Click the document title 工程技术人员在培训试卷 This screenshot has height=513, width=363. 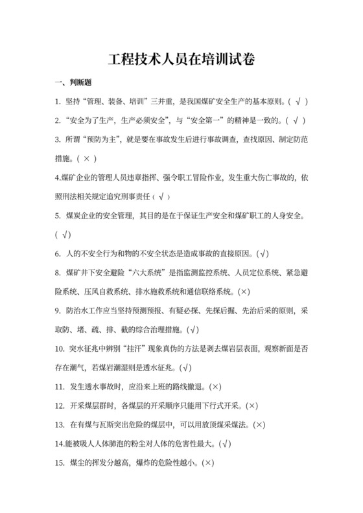coord(181,59)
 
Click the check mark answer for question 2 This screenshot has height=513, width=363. coord(296,120)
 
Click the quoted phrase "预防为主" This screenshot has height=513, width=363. coord(102,139)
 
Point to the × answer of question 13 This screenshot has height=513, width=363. coord(259,425)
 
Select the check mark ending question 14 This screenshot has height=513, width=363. coord(226,444)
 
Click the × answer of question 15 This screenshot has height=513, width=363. coord(208,463)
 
